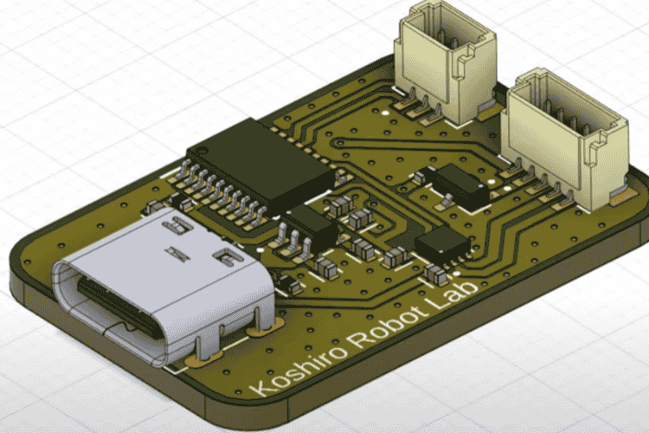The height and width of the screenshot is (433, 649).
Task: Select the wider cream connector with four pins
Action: [x=567, y=139]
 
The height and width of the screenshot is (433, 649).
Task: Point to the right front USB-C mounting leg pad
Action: [x=256, y=329]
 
